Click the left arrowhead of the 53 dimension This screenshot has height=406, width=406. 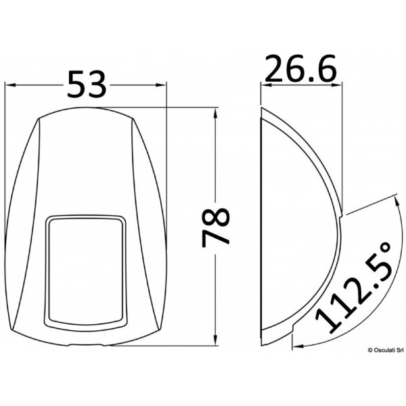(x=9, y=85)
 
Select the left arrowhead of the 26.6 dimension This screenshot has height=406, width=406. (x=265, y=85)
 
